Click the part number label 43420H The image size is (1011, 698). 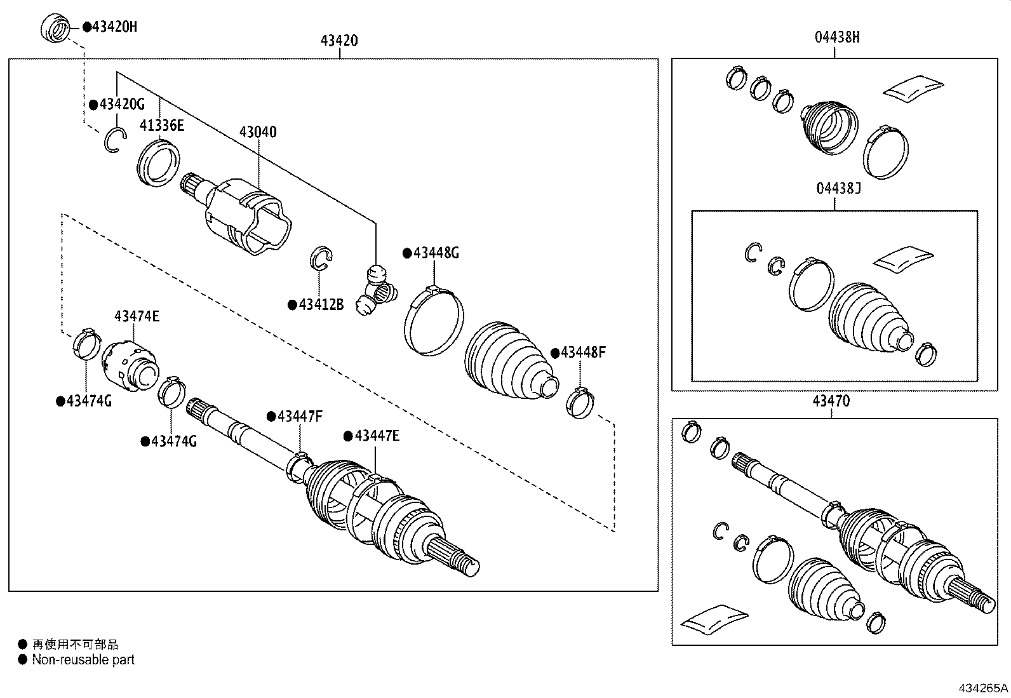114,27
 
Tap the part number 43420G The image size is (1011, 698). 122,105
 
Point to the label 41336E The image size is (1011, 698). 162,126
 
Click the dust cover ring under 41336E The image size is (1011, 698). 159,164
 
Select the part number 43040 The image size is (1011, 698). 258,132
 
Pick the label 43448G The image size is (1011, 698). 436,253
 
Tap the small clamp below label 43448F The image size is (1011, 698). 580,403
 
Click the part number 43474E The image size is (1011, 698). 137,316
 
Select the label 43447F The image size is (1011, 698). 300,417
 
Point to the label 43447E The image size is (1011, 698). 377,436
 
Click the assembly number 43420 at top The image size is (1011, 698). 339,41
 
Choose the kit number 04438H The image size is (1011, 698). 837,37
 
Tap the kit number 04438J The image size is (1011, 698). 838,188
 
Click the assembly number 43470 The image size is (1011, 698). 831,401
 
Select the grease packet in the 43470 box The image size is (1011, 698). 714,619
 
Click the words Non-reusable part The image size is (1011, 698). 83,660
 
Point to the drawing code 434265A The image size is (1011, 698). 983,688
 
